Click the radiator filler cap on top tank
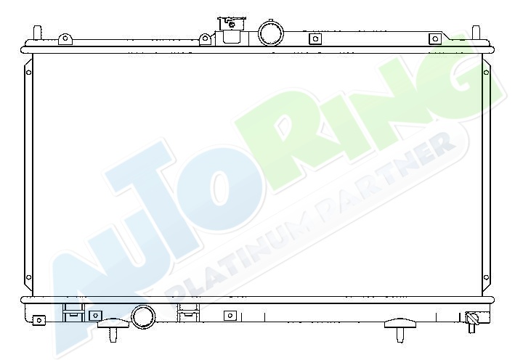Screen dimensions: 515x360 231,30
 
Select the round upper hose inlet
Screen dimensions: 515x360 271,33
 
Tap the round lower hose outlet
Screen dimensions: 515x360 143,316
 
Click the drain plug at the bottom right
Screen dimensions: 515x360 471,321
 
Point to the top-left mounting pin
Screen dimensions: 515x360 38,33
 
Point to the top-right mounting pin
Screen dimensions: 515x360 476,33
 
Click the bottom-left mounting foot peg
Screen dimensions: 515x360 113,329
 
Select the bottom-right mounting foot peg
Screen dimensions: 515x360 400,329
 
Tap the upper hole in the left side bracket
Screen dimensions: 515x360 28,73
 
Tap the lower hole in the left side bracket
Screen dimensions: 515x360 28,277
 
